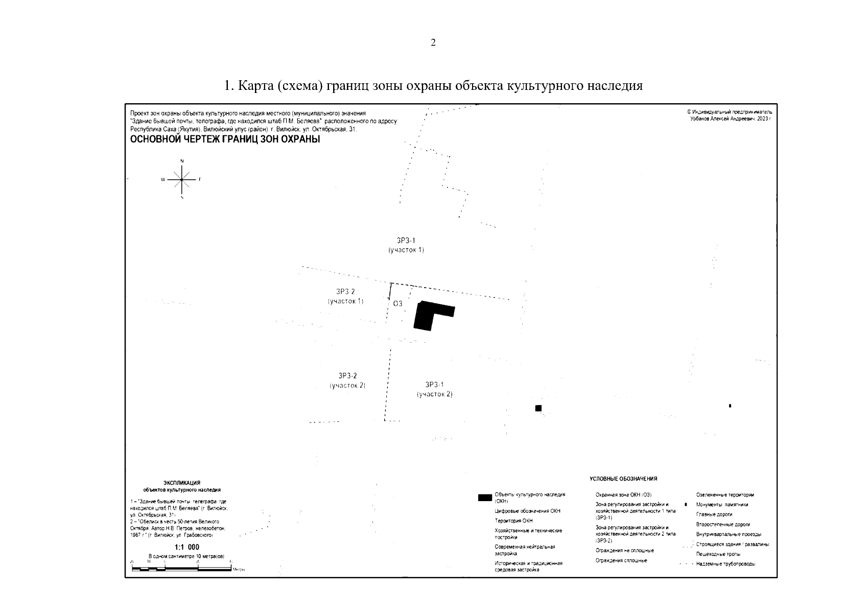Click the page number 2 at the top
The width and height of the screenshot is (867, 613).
tap(433, 43)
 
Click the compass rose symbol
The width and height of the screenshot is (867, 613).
tap(182, 179)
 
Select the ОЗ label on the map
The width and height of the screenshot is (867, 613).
tap(397, 303)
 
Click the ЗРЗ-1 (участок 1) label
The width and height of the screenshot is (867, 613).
tap(406, 245)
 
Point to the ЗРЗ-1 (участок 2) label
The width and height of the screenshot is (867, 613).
tap(434, 389)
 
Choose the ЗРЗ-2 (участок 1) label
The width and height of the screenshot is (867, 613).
tap(345, 296)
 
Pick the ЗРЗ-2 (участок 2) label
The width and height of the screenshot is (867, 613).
tap(347, 381)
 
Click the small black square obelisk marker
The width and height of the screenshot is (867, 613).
tap(538, 408)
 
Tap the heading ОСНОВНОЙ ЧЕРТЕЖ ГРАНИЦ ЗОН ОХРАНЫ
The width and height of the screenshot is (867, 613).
tap(225, 139)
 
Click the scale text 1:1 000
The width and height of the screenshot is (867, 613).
tap(187, 547)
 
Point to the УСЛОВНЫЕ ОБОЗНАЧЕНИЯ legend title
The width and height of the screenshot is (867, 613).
tap(623, 479)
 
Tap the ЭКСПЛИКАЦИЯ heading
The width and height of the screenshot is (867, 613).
tap(182, 483)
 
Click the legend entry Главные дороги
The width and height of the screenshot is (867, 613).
tap(714, 514)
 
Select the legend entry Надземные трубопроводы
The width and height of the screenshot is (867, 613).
tap(725, 564)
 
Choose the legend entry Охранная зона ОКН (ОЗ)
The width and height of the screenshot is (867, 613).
tap(623, 494)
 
